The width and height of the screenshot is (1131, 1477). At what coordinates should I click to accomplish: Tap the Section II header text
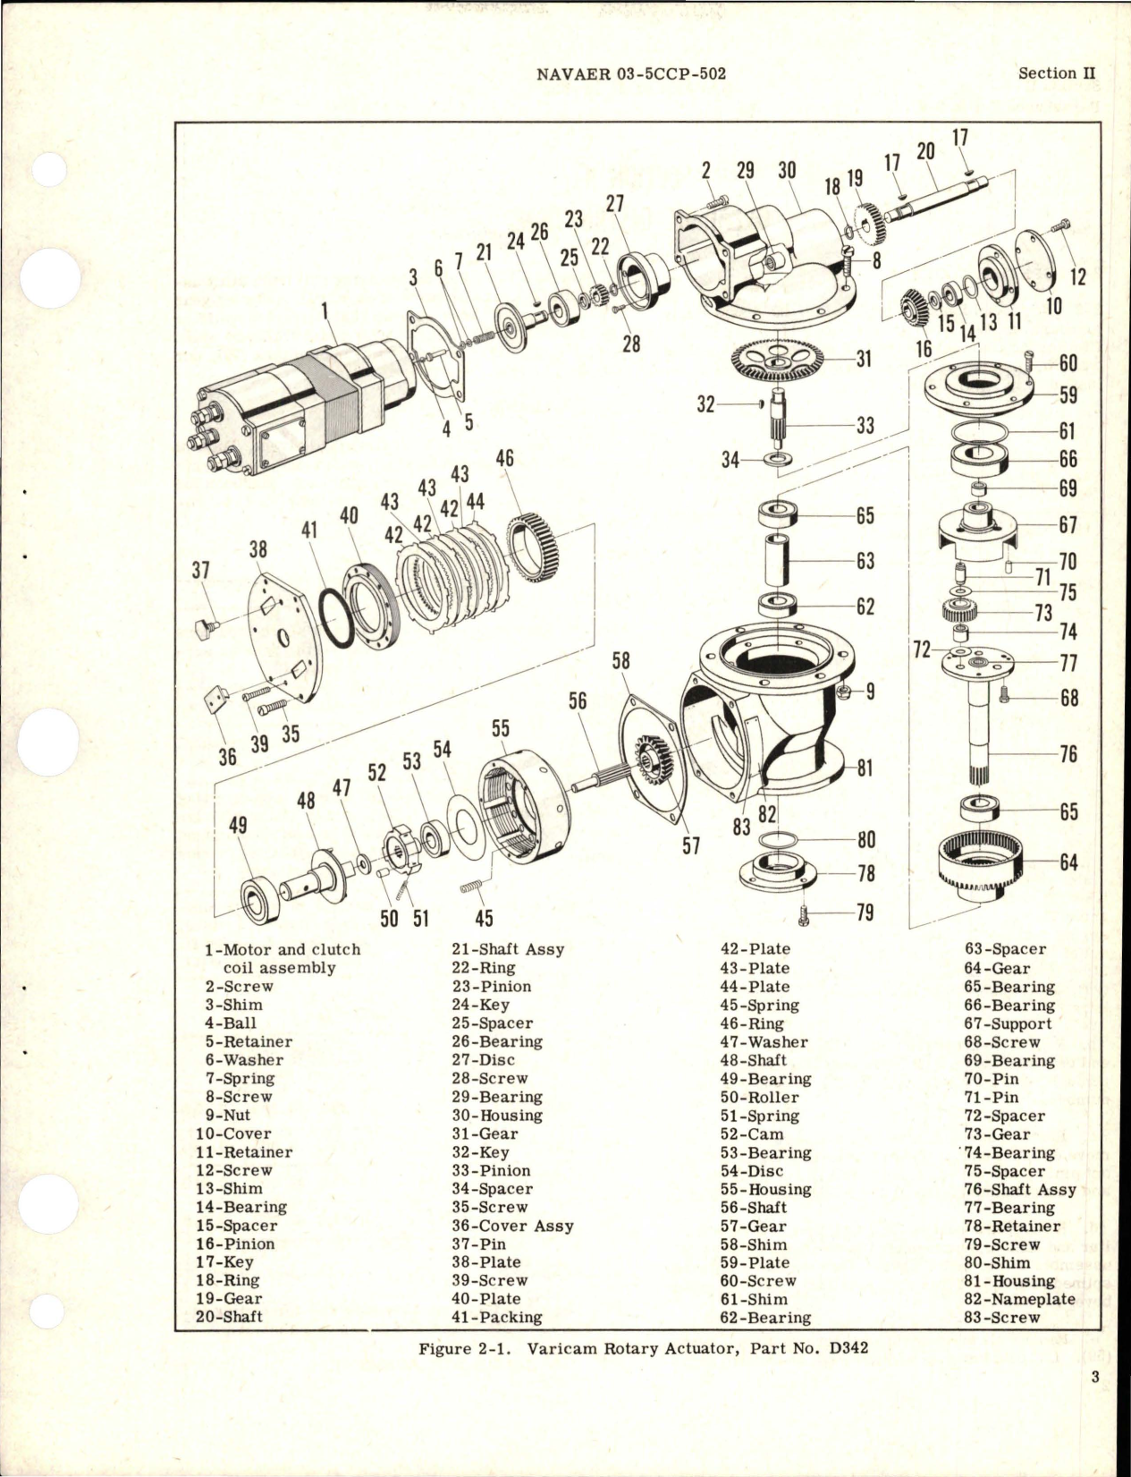1056,73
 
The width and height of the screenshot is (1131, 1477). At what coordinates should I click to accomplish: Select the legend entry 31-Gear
484,1133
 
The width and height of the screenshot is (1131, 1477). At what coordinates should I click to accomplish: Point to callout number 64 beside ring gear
1068,862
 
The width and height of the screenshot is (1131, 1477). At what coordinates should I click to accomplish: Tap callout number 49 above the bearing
238,826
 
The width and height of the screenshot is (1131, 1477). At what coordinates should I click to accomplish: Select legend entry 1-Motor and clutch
282,949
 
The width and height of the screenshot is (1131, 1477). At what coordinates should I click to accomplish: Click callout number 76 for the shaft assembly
1068,754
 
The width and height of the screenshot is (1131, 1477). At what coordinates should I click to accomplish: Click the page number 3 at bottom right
1094,1403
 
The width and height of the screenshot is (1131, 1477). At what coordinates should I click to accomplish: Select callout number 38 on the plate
258,548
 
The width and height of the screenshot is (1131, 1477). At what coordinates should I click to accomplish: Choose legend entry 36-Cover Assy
511,1226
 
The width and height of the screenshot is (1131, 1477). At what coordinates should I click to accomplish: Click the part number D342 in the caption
848,1348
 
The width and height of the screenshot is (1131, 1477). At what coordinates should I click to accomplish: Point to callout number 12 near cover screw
1077,276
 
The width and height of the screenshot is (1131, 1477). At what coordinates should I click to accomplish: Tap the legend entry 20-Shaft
229,1317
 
